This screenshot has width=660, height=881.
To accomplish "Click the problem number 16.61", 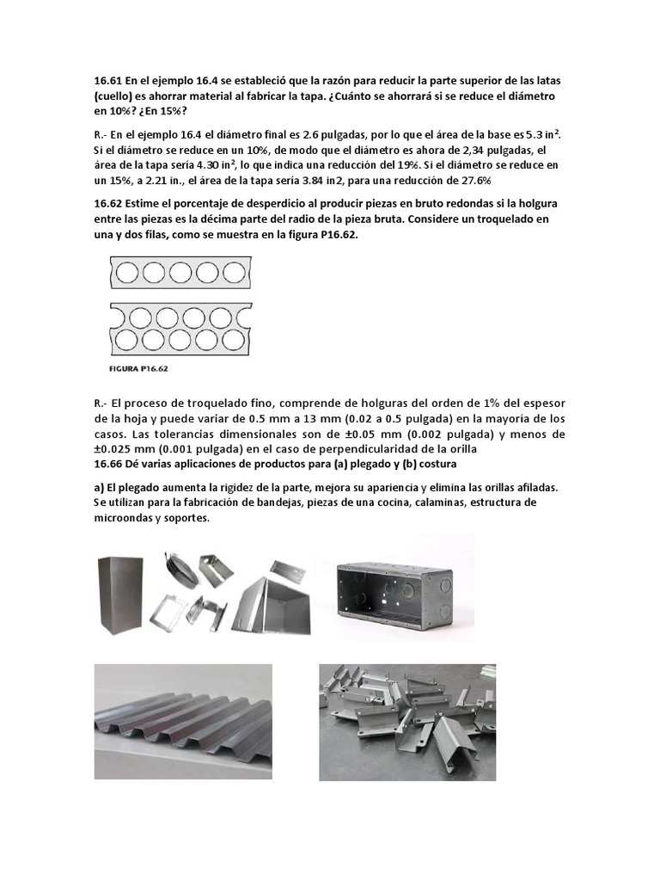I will click(107, 80).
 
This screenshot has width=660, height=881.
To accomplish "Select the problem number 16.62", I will click(107, 205).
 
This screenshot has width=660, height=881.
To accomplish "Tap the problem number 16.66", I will click(107, 466).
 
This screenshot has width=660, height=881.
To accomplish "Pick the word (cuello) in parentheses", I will click(114, 95).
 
